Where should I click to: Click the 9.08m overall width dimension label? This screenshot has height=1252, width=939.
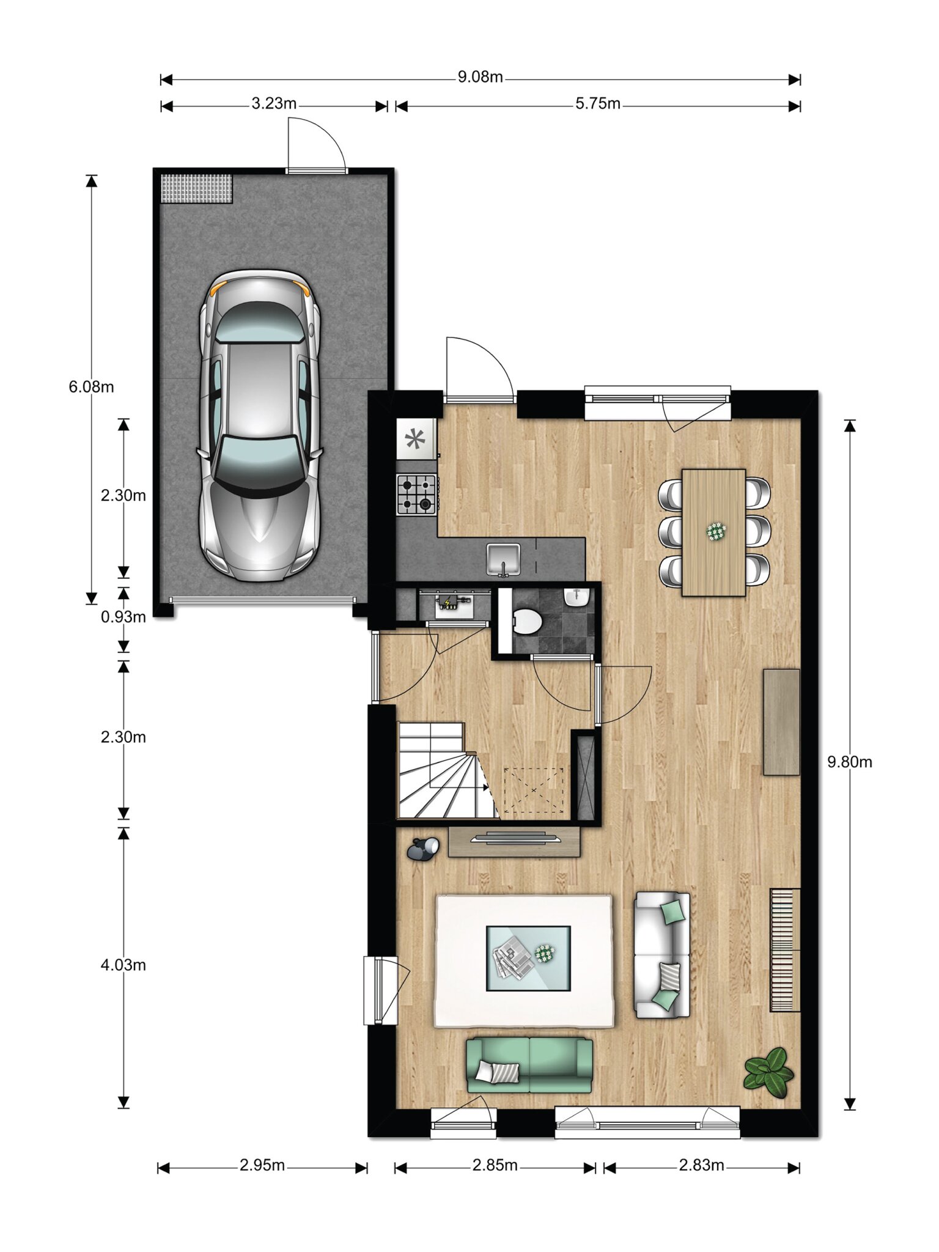(x=481, y=77)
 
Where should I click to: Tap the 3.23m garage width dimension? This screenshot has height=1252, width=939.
(x=274, y=104)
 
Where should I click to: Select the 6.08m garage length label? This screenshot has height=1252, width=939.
(x=91, y=387)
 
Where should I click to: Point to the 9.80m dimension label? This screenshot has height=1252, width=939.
(x=850, y=762)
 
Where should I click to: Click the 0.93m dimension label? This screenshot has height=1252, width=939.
(x=123, y=617)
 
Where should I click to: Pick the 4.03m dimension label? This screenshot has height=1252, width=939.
(x=123, y=965)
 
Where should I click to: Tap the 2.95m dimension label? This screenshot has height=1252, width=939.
(x=262, y=1165)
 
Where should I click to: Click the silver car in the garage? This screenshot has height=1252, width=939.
(x=260, y=425)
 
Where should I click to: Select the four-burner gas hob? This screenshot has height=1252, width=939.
(x=417, y=494)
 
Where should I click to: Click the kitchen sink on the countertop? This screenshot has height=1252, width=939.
(x=503, y=559)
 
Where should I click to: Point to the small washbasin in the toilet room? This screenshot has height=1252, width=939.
(x=576, y=597)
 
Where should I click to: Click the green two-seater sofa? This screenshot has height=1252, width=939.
(x=529, y=1065)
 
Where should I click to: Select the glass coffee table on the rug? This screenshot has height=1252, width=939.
(x=529, y=958)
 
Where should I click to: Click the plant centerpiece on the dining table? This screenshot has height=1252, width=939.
(x=716, y=531)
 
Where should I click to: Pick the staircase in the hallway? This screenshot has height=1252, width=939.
(x=448, y=770)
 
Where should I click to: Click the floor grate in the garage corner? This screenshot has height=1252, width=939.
(x=197, y=189)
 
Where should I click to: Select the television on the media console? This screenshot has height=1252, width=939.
(x=515, y=838)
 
